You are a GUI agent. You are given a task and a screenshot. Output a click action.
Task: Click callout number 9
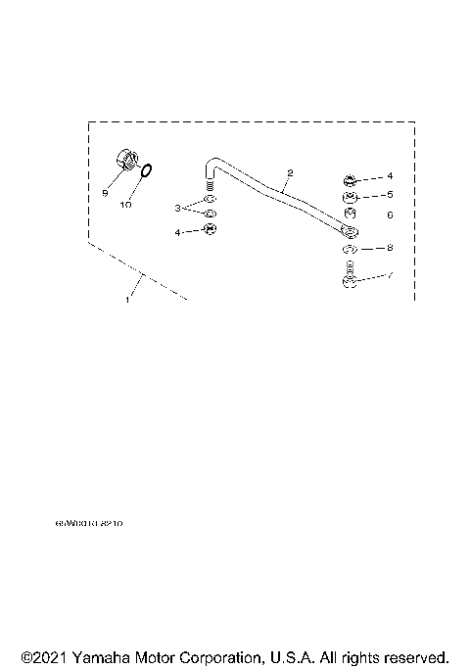tap(105, 193)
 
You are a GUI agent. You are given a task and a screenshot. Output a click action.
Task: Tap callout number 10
tap(125, 206)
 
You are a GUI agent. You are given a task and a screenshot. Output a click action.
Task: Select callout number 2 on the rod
tap(290, 172)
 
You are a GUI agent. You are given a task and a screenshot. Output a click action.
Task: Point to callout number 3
tap(178, 208)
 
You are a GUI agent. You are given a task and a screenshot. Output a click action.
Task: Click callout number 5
tap(389, 195)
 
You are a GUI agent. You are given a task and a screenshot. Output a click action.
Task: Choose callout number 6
tap(389, 214)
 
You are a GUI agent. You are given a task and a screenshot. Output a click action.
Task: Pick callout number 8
tap(389, 248)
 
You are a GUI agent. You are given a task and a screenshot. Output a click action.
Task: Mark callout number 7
tap(390, 276)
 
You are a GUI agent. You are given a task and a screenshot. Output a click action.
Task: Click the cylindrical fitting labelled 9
tap(125, 157)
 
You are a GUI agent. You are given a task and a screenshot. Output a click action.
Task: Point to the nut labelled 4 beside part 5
tap(351, 179)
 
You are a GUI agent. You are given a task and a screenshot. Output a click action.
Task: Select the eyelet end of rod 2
tap(350, 232)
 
